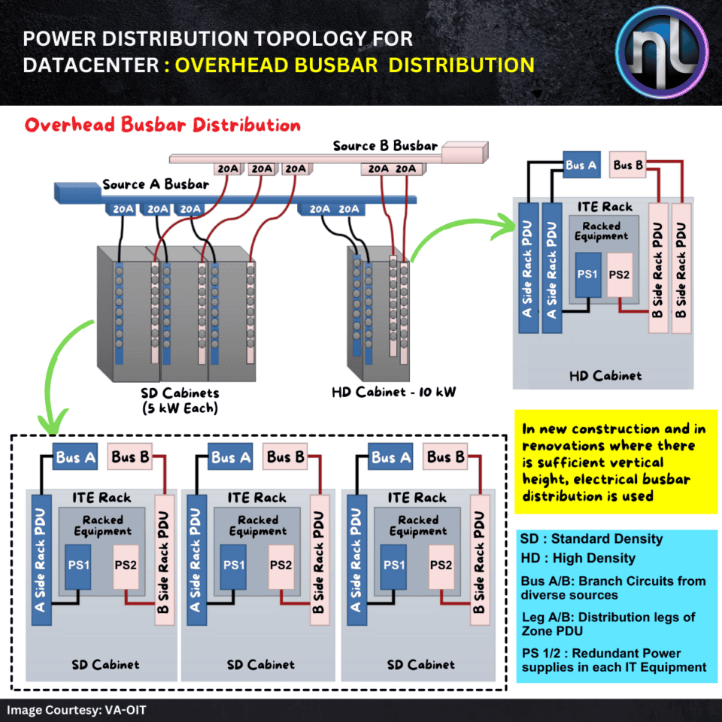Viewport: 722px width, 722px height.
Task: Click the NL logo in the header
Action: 661,52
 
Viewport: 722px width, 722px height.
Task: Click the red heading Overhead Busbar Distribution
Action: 162,125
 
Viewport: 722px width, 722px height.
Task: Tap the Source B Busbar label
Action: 385,145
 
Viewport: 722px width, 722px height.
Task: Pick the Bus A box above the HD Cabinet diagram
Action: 582,165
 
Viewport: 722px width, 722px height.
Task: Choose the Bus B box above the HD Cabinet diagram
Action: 629,165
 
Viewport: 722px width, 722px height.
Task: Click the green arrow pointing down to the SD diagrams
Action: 60,376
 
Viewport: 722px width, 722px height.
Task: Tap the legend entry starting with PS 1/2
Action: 614,660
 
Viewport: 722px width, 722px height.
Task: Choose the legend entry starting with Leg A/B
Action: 608,623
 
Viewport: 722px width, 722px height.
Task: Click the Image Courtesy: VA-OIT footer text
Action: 66,709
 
